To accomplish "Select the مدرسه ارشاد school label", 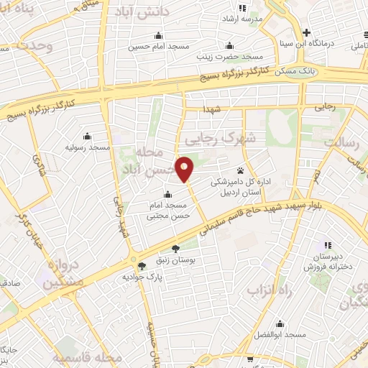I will (x=244, y=17).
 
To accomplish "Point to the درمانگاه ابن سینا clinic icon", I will (x=307, y=32).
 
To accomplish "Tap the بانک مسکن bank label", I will (x=296, y=70).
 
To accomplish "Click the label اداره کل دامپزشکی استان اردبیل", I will (x=239, y=189).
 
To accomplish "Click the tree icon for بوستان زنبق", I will (x=176, y=249).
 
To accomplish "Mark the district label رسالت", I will (x=341, y=142).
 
